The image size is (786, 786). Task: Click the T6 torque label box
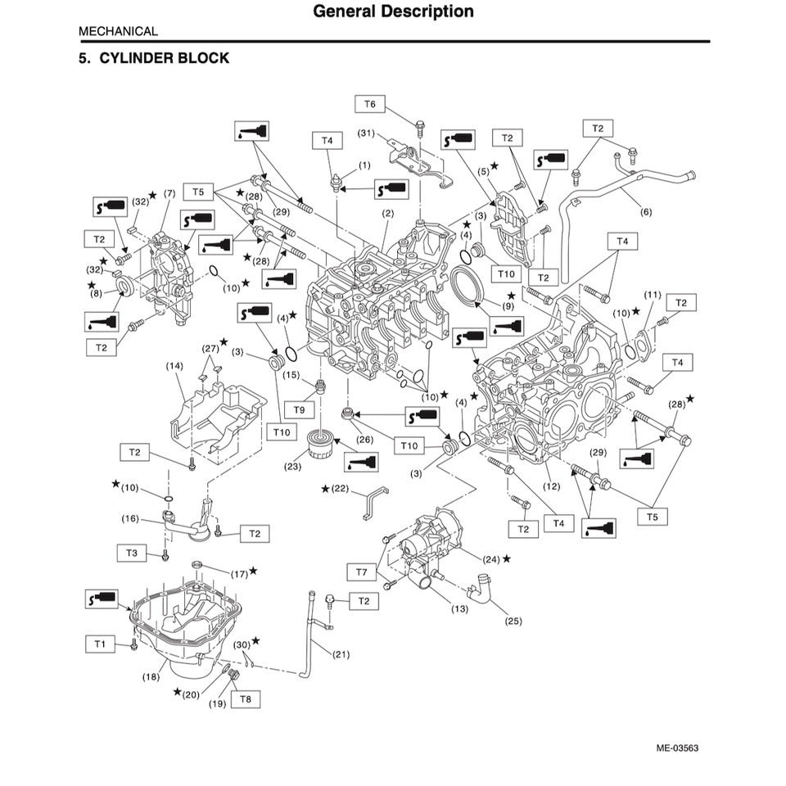coord(370,104)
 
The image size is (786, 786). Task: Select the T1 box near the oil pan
coord(100,644)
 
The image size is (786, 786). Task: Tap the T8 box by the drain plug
coord(245,698)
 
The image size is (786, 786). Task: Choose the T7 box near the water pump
coord(361,570)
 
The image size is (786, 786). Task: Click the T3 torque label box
coord(133,553)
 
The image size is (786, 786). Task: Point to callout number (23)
coord(293,467)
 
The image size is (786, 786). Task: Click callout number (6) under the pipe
coord(646,212)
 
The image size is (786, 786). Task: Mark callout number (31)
coord(366,133)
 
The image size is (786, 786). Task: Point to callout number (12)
coord(551,486)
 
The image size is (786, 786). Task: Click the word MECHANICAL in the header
coord(118,31)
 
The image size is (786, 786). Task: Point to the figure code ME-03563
coord(677,748)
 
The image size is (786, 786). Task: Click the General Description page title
coord(393,11)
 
